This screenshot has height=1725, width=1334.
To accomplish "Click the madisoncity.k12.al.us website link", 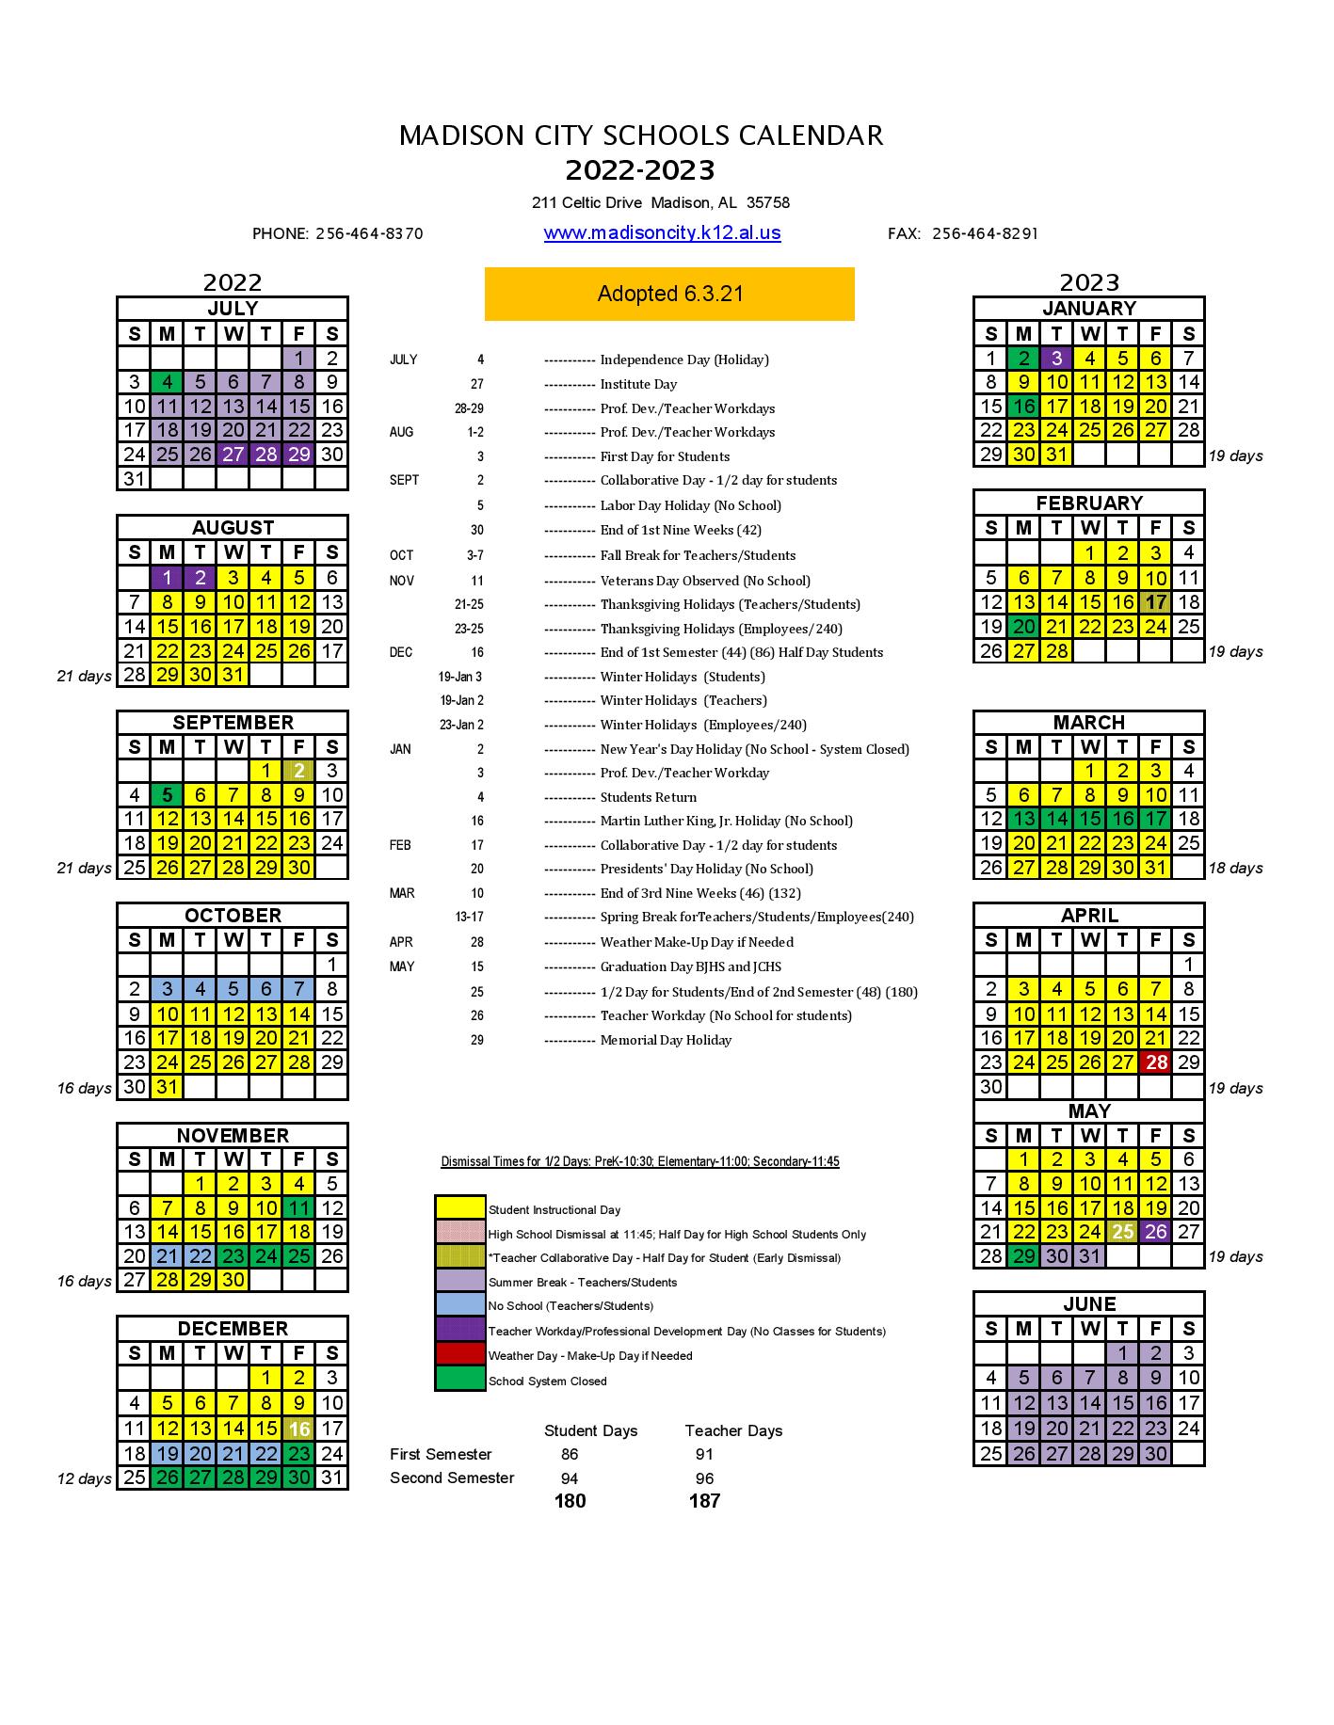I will (662, 233).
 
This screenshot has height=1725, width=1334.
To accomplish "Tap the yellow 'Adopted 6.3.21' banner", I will (669, 294).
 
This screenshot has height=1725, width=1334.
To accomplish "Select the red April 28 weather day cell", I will (1155, 1062).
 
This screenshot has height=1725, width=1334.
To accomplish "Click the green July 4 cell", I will (168, 382).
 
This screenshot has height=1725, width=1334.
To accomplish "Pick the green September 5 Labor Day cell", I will (168, 795).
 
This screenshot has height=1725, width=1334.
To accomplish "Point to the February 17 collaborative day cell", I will (1155, 602).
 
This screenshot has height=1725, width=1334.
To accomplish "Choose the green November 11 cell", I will (298, 1208).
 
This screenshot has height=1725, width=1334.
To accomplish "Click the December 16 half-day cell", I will (298, 1429).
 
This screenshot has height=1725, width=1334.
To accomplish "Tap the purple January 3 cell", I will (1056, 359).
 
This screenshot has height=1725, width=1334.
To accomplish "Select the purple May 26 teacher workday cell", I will (1155, 1232).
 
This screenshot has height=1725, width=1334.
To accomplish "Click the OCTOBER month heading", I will (233, 915).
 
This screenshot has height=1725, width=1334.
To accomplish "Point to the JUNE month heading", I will (1089, 1303).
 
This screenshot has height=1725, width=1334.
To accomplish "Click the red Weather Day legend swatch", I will (459, 1355).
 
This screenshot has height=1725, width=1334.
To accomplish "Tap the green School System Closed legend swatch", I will (459, 1380).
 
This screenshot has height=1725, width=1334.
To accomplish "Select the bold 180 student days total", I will (570, 1501).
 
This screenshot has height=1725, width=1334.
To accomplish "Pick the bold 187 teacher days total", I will (704, 1501).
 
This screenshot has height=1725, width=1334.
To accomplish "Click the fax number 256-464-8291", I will (985, 233).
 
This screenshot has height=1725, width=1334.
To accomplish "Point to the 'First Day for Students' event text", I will (665, 456).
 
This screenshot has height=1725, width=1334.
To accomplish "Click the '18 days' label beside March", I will (1235, 868).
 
